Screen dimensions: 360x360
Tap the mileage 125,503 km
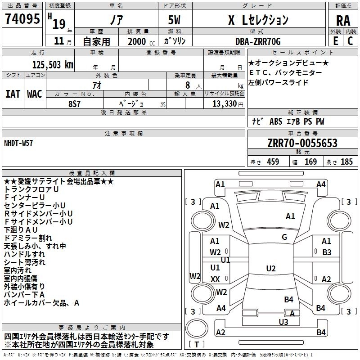click(x=52, y=64)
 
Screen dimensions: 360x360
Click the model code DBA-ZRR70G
click(x=258, y=41)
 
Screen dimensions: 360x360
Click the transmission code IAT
click(x=13, y=94)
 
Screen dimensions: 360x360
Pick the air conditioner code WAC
click(x=35, y=94)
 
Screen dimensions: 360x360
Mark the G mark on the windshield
click(x=284, y=237)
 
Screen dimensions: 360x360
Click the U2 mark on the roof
click(x=270, y=269)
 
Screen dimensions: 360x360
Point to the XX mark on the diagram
click(x=215, y=279)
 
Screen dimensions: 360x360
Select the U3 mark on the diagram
click(x=283, y=322)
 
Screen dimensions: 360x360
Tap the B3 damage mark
click(x=326, y=252)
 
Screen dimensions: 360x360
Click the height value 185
click(x=347, y=162)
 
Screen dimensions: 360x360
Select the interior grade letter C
click(x=350, y=41)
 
